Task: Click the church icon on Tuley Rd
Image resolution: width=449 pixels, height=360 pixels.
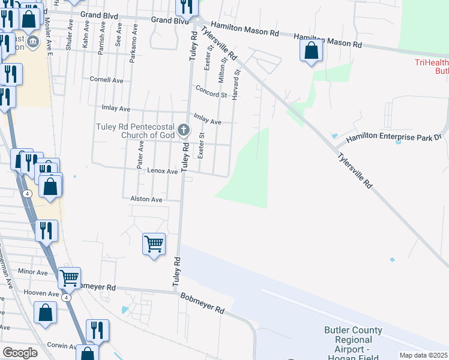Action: [x=184, y=130]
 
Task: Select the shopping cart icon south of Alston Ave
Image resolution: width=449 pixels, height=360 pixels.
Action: [x=154, y=244]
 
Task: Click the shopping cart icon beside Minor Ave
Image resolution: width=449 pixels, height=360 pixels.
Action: [x=70, y=278]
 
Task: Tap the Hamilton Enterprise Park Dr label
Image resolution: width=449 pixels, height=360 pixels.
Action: [x=394, y=138]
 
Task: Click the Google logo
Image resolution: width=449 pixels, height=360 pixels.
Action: [x=20, y=353]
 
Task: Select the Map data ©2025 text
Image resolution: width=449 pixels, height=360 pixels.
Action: [x=423, y=355]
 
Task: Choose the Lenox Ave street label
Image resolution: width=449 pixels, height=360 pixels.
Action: [x=163, y=171]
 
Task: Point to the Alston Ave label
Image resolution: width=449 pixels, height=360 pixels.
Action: [x=146, y=199]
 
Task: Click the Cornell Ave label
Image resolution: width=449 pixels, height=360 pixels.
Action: [x=106, y=79]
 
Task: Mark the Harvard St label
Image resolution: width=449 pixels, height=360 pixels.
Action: [x=236, y=83]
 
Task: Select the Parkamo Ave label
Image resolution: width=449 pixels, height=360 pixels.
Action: [x=133, y=44]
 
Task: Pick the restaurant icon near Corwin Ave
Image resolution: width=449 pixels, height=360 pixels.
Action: [x=97, y=330]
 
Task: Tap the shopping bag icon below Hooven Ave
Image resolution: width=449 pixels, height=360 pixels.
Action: [x=45, y=313]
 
